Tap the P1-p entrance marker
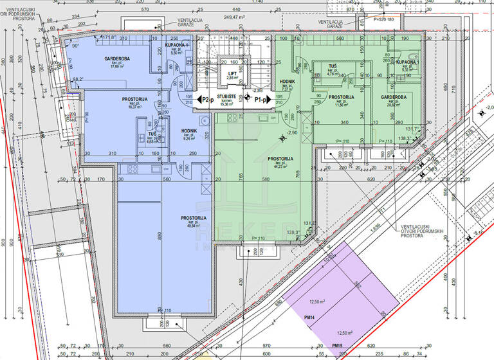(x=261, y=100)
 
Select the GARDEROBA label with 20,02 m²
(x=393, y=97)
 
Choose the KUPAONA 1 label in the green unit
(x=407, y=61)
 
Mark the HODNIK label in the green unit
(x=288, y=82)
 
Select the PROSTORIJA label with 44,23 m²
(x=280, y=158)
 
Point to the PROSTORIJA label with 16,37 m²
(x=135, y=99)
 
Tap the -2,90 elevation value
(x=293, y=132)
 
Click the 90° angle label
(x=75, y=46)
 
